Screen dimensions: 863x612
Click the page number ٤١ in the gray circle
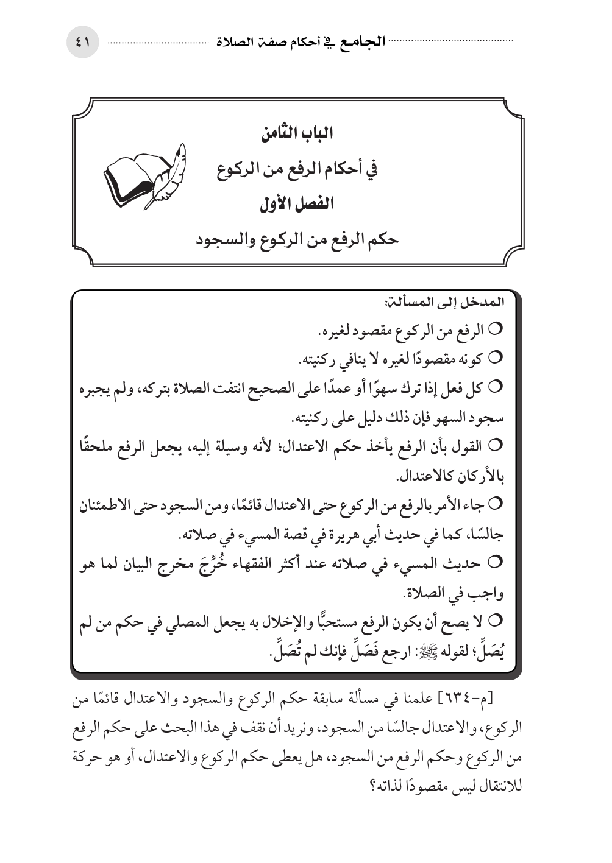[82, 43]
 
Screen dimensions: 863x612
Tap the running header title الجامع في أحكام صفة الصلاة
[301, 43]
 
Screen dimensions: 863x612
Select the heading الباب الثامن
[297, 134]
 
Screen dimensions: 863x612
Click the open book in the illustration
[130, 178]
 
